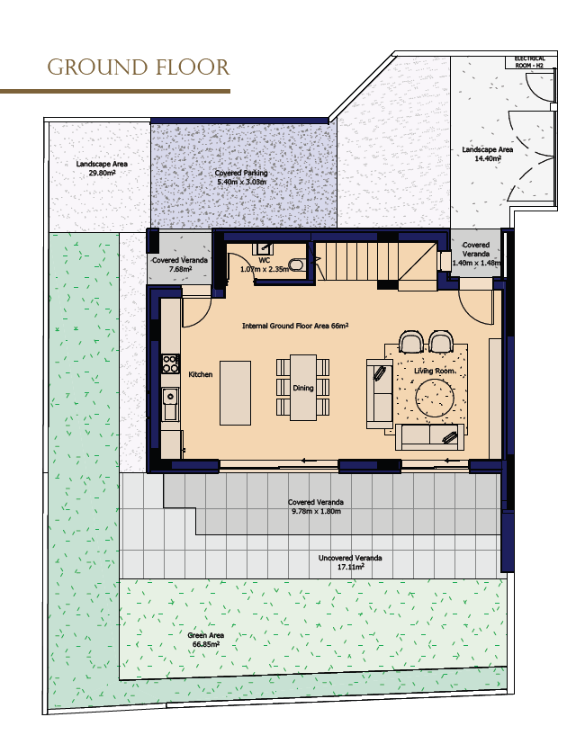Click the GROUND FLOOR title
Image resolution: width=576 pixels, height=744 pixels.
pyautogui.click(x=139, y=67)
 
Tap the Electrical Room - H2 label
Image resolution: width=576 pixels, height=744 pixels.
pyautogui.click(x=529, y=62)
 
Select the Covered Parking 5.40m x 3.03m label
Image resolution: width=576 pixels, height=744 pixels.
pyautogui.click(x=241, y=177)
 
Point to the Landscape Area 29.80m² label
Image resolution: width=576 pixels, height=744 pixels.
pyautogui.click(x=102, y=168)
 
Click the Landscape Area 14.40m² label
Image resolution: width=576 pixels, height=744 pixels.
pyautogui.click(x=488, y=154)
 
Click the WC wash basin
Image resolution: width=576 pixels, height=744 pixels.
pyautogui.click(x=264, y=248)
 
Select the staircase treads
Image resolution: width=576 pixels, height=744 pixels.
pyautogui.click(x=357, y=261)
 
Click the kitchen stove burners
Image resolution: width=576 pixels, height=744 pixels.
pyautogui.click(x=170, y=363)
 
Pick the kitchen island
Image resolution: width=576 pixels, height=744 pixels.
pyautogui.click(x=235, y=392)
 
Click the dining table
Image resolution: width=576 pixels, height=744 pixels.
pyautogui.click(x=303, y=387)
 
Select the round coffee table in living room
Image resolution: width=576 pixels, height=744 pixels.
pyautogui.click(x=435, y=398)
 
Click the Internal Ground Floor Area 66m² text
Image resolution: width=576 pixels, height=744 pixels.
pyautogui.click(x=295, y=326)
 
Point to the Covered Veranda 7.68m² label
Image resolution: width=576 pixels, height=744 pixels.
pyautogui.click(x=179, y=264)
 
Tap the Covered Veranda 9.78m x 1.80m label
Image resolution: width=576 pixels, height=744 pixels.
pyautogui.click(x=316, y=506)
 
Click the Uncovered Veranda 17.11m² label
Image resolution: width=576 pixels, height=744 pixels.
pyautogui.click(x=350, y=562)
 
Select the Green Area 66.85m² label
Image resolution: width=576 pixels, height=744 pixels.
pyautogui.click(x=205, y=640)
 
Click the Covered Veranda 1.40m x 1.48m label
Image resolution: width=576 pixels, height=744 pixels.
pyautogui.click(x=476, y=254)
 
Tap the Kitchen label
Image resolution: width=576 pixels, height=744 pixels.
pyautogui.click(x=201, y=374)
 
